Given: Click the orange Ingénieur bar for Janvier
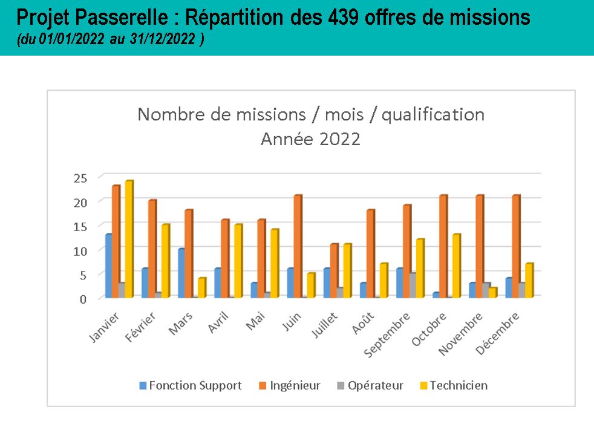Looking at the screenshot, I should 116,241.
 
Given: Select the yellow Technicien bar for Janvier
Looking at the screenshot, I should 129,239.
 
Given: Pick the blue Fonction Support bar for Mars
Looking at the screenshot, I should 181,273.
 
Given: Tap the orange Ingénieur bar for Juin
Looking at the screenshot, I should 298,246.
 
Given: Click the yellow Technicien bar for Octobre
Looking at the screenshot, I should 456,266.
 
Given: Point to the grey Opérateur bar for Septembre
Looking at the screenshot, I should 413,285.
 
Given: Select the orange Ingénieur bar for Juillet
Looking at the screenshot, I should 334,270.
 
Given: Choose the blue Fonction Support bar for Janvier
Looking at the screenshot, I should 108,266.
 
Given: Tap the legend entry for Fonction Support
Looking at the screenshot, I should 191,385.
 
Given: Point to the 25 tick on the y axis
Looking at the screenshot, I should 81,178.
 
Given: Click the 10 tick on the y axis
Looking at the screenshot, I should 81,250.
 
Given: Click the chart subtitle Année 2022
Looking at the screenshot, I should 310,139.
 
